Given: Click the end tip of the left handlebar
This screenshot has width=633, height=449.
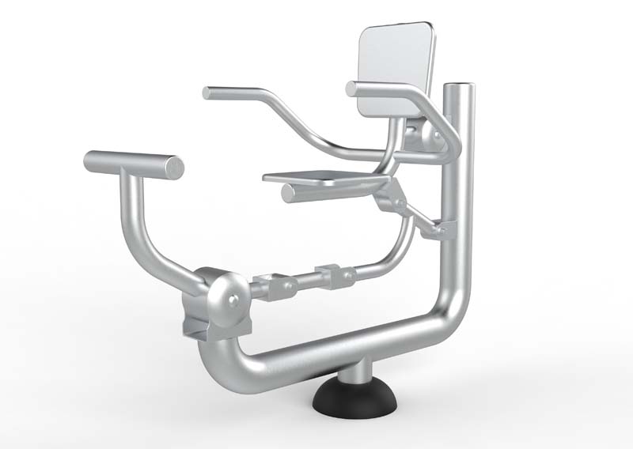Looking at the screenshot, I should (x=207, y=92).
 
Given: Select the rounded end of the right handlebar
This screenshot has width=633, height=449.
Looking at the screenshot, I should (x=351, y=89).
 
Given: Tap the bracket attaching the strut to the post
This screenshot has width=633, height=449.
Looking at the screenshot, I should (x=438, y=230).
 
